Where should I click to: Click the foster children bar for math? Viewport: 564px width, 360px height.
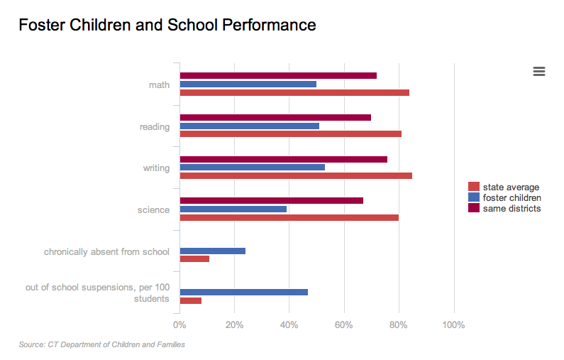click(248, 84)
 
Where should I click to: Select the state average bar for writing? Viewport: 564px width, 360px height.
click(296, 175)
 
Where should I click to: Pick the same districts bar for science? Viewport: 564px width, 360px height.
click(272, 200)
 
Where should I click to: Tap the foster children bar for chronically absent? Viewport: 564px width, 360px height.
click(213, 251)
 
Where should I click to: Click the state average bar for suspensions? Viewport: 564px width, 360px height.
click(191, 300)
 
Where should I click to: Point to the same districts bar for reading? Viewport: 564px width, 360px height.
click(275, 117)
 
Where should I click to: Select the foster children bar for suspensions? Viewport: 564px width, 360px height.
click(244, 292)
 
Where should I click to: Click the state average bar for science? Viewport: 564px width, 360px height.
click(289, 217)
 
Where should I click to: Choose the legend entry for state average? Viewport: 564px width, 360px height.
click(511, 187)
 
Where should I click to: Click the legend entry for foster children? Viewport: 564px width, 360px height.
click(512, 197)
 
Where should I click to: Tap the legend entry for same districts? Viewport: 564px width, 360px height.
click(512, 208)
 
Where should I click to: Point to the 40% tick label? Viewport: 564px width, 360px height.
click(289, 325)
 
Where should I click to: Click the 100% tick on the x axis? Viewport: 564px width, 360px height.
click(453, 325)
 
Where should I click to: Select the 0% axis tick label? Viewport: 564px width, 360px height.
click(179, 325)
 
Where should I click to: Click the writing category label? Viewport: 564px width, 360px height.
click(156, 168)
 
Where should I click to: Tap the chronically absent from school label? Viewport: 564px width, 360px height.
click(106, 251)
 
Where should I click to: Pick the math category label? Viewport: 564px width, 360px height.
click(159, 85)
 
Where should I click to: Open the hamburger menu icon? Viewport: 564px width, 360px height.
click(538, 70)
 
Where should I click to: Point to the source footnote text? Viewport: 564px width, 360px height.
click(101, 345)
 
